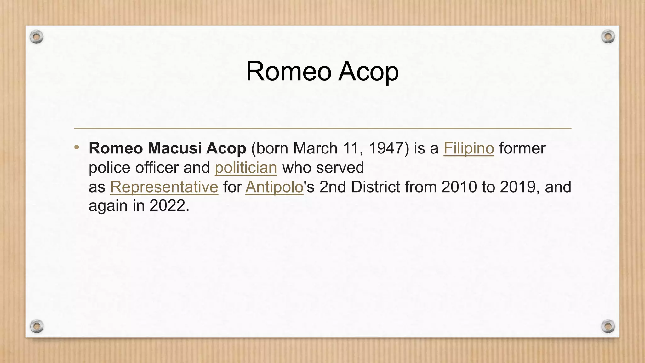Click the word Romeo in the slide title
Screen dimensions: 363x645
pyautogui.click(x=288, y=72)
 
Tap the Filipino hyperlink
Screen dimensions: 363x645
pyautogui.click(x=469, y=148)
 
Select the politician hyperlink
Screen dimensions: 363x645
pyautogui.click(x=246, y=167)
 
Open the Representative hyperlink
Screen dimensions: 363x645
pyautogui.click(x=164, y=187)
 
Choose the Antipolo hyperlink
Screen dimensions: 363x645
pyautogui.click(x=274, y=187)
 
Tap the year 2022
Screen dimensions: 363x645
pyautogui.click(x=167, y=206)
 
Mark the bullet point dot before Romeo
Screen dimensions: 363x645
pyautogui.click(x=77, y=147)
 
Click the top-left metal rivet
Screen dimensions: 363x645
pyautogui.click(x=37, y=37)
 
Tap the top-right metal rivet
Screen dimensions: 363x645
pyautogui.click(x=608, y=37)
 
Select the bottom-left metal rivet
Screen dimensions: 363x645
pyautogui.click(x=37, y=326)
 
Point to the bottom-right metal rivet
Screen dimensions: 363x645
pyautogui.click(x=608, y=326)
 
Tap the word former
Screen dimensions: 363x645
pyautogui.click(x=522, y=148)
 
